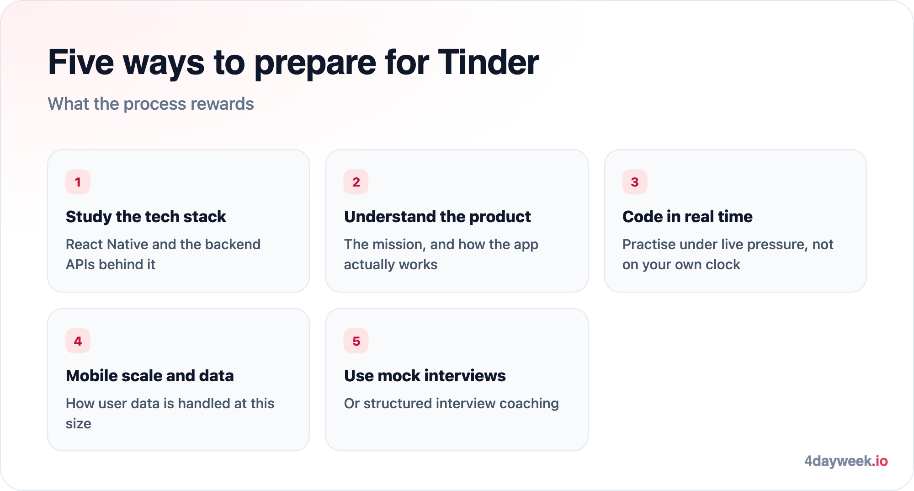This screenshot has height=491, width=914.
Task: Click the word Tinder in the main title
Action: point(489,62)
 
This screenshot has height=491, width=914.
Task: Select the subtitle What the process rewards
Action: point(151,104)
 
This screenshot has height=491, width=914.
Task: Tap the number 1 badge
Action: point(78,182)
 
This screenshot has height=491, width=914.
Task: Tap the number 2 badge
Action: point(356,182)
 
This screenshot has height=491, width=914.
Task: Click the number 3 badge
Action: point(635,182)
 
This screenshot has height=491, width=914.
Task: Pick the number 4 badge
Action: point(78,341)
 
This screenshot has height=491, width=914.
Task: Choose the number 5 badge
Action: point(356,341)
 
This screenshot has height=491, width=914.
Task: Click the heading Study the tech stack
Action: point(146,217)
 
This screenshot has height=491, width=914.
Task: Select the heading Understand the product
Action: point(437,217)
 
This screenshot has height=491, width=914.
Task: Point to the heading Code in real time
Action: point(687,217)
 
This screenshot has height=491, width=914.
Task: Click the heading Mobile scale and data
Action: point(150,376)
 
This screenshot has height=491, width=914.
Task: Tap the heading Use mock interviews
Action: point(425,376)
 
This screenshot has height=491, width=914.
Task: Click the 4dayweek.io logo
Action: point(846,461)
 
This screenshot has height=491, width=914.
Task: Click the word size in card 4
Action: point(78,424)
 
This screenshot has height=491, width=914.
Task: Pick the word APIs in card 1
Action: point(80,265)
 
